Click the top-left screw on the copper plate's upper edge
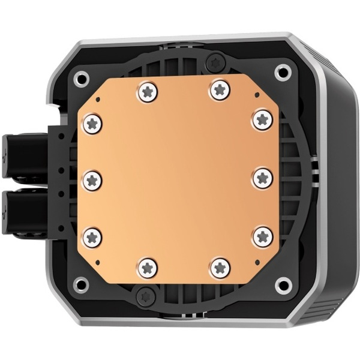147,92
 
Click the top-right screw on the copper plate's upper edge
219,91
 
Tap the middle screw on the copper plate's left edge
92,179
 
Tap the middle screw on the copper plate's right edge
262,178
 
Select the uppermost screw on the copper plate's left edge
92,124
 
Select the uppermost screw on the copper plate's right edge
262,119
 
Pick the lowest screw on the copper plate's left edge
92,236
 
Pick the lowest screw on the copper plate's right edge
262,236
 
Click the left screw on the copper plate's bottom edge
147,266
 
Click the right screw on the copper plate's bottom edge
220,268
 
